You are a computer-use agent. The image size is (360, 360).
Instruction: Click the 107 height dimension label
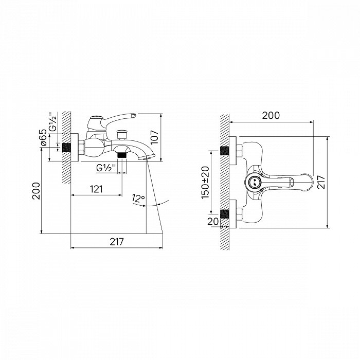[x=155, y=137]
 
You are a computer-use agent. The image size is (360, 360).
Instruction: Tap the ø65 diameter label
[x=43, y=137]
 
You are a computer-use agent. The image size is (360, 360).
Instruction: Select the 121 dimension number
[x=96, y=189]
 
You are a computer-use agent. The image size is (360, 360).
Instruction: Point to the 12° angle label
[x=138, y=198]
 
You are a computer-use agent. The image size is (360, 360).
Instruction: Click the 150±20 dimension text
[x=206, y=183]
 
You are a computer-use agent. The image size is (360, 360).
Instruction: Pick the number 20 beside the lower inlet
[x=213, y=222]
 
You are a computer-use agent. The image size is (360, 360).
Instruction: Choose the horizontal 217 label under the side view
[x=117, y=242]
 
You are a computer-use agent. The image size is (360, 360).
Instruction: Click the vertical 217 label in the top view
[x=321, y=182]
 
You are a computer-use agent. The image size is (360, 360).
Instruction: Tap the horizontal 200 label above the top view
[x=271, y=116]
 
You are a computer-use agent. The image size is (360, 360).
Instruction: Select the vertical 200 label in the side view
[x=36, y=191]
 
